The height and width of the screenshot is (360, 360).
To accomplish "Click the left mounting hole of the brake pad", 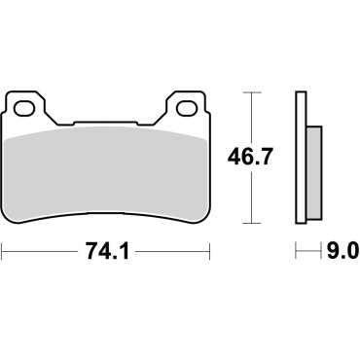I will pos(29,105).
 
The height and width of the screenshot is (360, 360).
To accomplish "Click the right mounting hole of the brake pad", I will pos(186,105).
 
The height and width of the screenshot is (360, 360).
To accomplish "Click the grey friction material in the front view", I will pos(107,165).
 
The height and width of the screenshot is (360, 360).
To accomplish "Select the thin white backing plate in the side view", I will pos(301,156).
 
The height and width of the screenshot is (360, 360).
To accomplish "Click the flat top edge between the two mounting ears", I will pos(107,124).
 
